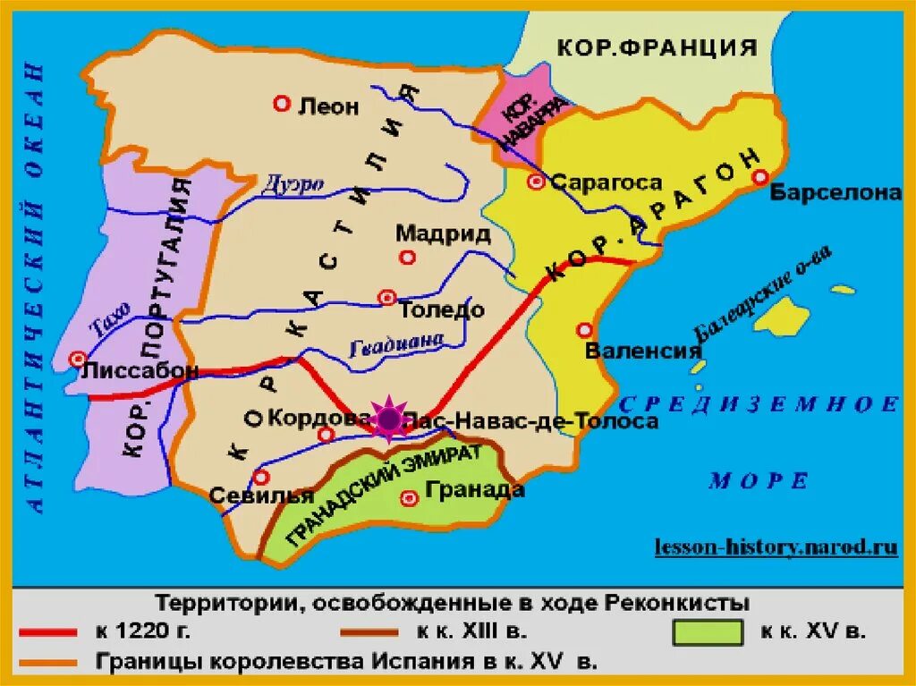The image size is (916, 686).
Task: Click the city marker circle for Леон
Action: point(282,105)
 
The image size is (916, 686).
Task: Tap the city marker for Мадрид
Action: point(408,258)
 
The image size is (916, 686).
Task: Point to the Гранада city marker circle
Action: point(410,497)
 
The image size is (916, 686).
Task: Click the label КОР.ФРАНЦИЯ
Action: point(657,47)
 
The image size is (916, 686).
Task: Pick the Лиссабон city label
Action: point(140,369)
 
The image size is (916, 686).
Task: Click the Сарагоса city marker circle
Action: point(536,182)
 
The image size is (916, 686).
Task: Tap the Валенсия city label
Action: point(641,351)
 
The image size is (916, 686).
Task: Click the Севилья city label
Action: point(262,495)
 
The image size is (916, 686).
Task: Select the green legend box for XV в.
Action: point(707,632)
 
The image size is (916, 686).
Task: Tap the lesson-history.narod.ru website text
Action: point(776,545)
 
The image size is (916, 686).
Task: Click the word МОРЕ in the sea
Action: point(759,481)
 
